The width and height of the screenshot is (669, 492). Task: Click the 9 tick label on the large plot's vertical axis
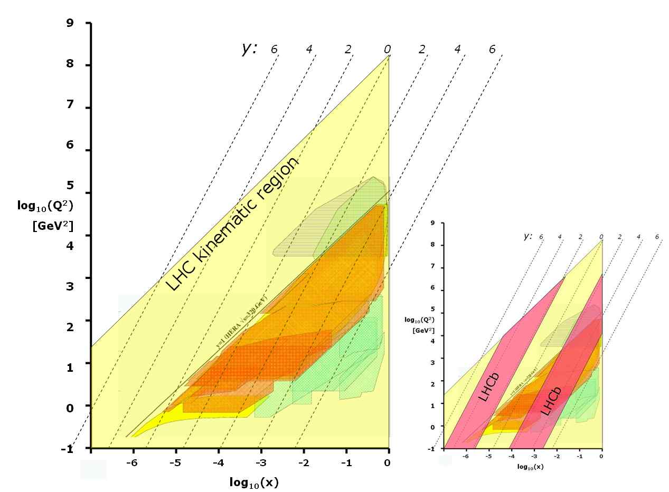pos(70,23)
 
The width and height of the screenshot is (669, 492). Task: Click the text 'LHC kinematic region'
pos(233,224)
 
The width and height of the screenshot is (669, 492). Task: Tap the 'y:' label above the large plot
pos(249,49)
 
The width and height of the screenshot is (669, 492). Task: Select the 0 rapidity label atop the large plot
pos(387,50)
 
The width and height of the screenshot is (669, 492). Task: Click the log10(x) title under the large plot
pos(254,483)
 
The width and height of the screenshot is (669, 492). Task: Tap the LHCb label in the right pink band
pos(553,399)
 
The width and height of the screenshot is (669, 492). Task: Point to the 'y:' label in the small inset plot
pos(527,236)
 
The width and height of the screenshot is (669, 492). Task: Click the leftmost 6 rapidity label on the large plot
pos(274,50)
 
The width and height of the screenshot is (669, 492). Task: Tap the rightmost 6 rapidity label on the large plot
pos(492,50)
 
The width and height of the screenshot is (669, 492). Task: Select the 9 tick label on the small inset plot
pos(432,223)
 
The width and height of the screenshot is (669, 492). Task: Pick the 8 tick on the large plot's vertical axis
pos(70,65)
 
